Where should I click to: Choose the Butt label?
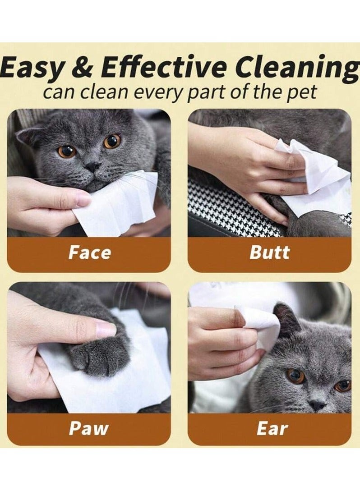(x=269, y=253)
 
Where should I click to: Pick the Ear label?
(x=269, y=427)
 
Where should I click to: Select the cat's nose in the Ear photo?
(x=318, y=404)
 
